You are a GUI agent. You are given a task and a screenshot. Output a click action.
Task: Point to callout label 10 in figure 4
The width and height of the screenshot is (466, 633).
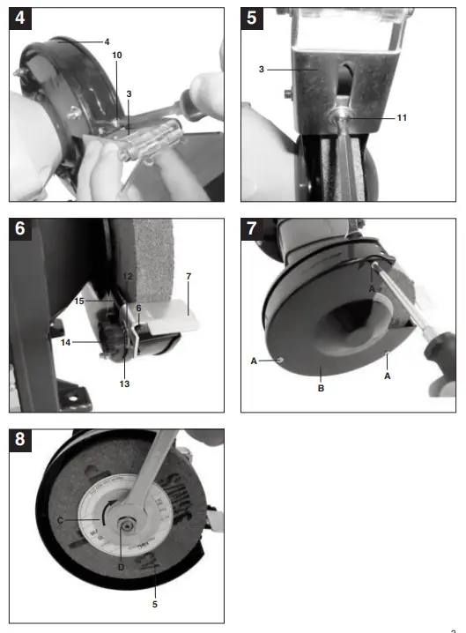(117, 56)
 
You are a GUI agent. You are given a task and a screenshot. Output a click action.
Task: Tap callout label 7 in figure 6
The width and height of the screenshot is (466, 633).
(188, 277)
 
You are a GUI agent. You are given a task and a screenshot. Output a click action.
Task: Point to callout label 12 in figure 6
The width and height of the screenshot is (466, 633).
(127, 277)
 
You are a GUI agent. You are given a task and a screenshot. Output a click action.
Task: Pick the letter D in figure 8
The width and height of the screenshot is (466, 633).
(121, 567)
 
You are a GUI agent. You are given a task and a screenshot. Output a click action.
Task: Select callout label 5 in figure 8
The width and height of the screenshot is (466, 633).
(156, 604)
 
